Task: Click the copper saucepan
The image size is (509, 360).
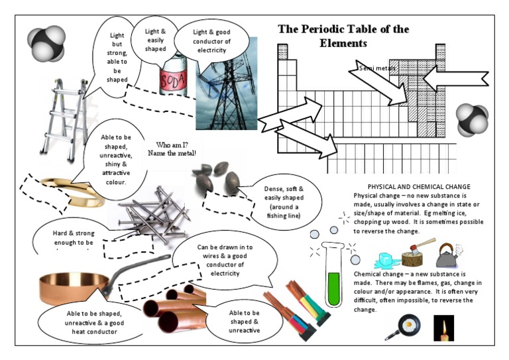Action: [80, 285]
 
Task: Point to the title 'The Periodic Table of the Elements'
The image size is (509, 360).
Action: [343, 36]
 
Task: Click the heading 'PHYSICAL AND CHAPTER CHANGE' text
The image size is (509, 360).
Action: [419, 186]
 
